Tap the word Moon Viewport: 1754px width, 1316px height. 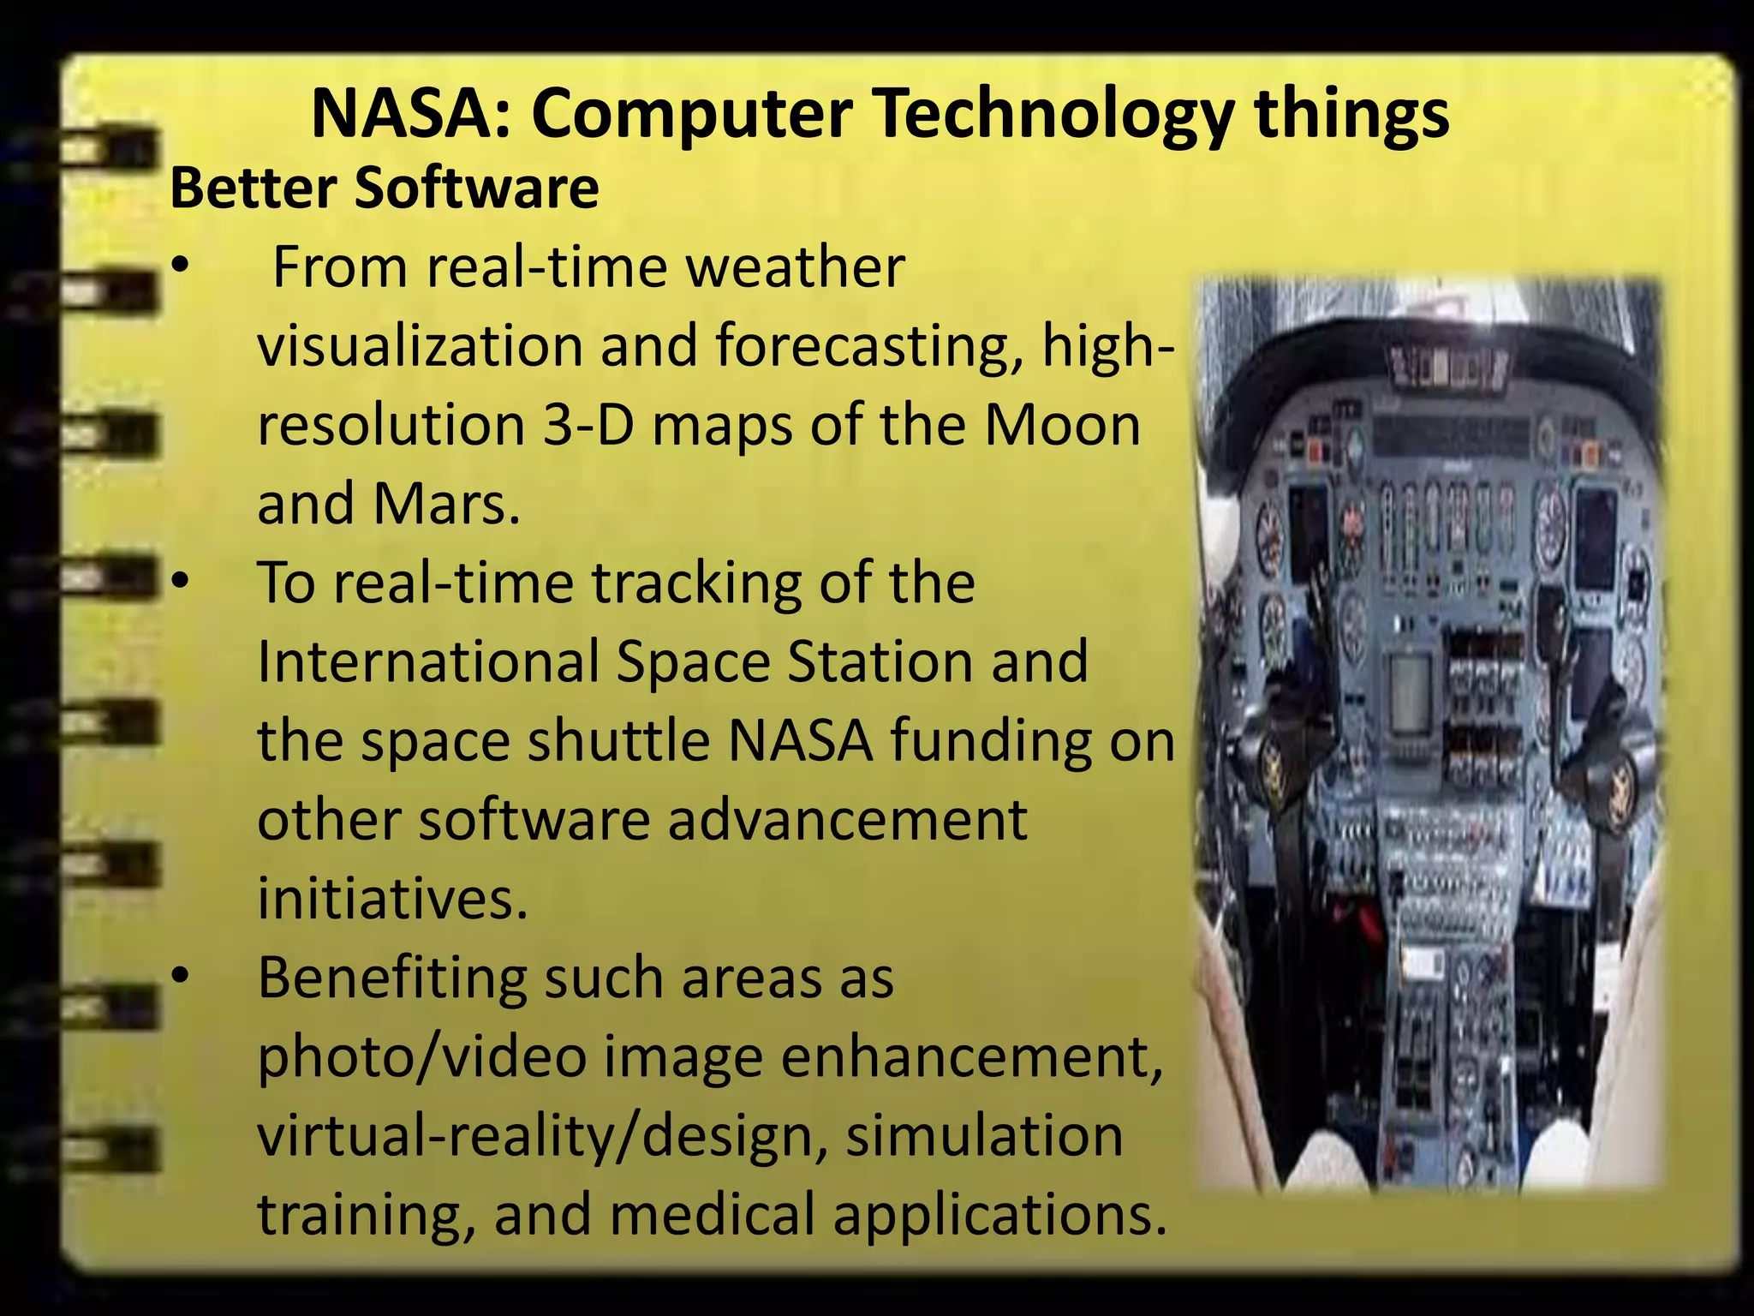[1062, 425]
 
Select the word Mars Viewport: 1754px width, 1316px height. [446, 504]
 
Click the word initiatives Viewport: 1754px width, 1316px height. [392, 898]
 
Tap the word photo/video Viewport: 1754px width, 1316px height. [421, 1056]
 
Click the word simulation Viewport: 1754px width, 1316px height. [984, 1135]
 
